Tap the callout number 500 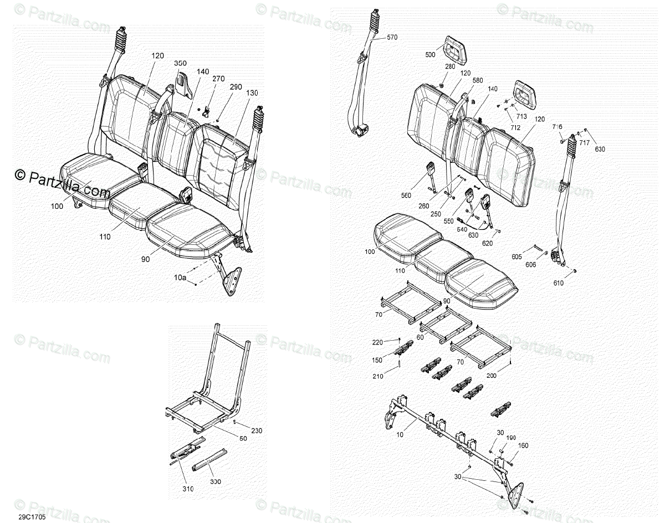[430, 55]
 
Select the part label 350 [180, 64]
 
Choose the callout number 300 [215, 481]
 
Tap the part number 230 [256, 430]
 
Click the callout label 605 [516, 257]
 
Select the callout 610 [557, 283]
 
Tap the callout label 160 [523, 445]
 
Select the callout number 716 [557, 127]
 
